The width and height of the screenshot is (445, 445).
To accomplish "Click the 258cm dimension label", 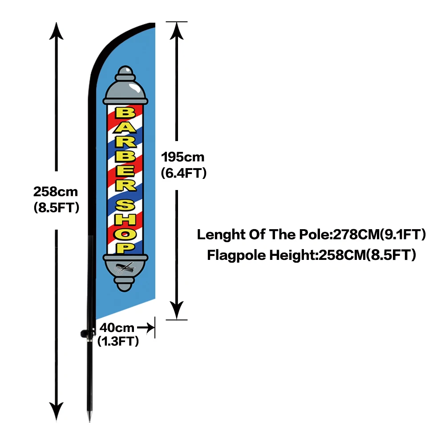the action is [56, 192].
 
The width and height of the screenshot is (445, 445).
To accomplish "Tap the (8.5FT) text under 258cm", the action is [56, 207].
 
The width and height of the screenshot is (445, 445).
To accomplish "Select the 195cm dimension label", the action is [182, 157].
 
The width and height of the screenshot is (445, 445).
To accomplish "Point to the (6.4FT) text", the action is [183, 172].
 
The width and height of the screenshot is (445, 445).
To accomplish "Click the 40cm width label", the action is [117, 328].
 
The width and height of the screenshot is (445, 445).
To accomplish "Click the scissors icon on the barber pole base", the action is [125, 268].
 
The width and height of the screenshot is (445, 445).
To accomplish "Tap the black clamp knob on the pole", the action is [85, 333].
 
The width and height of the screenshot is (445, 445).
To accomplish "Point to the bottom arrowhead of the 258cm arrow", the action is [57, 412].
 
